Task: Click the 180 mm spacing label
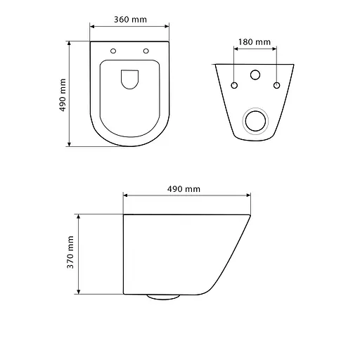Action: pyautogui.click(x=255, y=42)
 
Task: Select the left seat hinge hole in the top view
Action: pyautogui.click(x=112, y=51)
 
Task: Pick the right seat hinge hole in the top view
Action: pyautogui.click(x=146, y=51)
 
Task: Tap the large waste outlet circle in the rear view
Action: pyautogui.click(x=255, y=121)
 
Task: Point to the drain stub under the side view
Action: pyautogui.click(x=163, y=297)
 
